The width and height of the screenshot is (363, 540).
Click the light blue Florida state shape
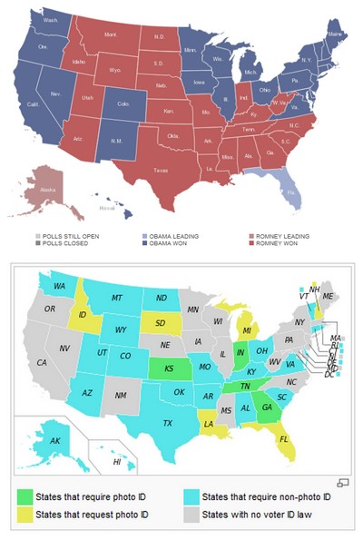(290, 191)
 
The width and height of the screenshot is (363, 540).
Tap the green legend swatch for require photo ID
(24, 497)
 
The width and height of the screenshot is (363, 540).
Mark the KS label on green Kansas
(169, 368)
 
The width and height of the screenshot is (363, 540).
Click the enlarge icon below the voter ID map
(343, 480)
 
